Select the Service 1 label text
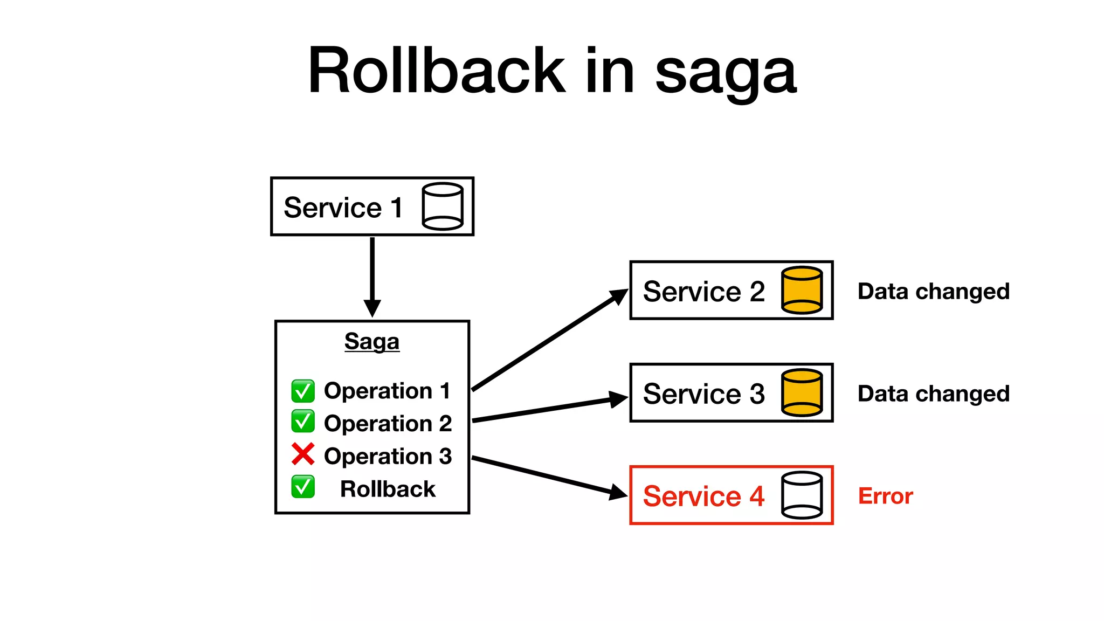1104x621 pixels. [x=343, y=208]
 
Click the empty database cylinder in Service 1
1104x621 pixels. [x=443, y=206]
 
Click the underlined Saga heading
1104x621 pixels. [x=372, y=341]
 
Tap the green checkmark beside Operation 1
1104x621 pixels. [x=303, y=391]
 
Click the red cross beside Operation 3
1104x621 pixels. [x=303, y=454]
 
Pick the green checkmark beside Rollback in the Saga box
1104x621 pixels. [x=303, y=487]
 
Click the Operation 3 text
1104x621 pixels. [x=388, y=456]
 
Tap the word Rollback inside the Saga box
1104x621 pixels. [x=388, y=489]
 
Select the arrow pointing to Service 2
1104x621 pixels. [x=550, y=340]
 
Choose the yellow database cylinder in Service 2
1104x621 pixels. [x=802, y=290]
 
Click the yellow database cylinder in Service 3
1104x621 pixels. [x=802, y=392]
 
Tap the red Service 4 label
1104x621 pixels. [x=703, y=496]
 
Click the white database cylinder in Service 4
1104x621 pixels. [x=802, y=495]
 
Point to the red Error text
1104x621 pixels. [x=885, y=496]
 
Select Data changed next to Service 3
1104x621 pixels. [x=933, y=394]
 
